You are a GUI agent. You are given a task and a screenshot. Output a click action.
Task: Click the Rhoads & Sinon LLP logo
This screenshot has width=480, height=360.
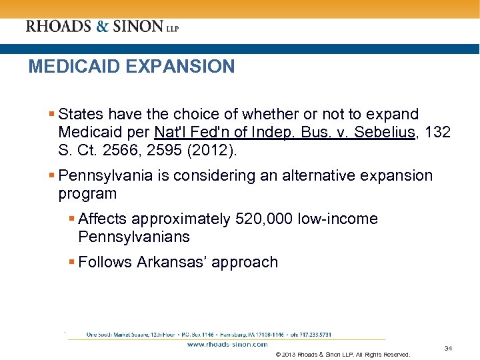click(102, 27)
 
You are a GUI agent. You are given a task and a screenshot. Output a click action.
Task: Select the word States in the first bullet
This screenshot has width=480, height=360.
click(81, 115)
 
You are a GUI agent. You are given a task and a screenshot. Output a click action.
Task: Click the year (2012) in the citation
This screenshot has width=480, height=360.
click(213, 151)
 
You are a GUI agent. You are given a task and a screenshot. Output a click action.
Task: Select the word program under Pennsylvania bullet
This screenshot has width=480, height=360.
click(87, 194)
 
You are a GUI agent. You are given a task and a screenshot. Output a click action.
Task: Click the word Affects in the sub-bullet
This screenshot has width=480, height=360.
click(103, 219)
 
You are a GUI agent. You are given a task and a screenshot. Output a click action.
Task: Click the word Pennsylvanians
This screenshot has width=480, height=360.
click(134, 237)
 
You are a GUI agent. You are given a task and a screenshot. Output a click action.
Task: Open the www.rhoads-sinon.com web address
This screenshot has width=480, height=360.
click(227, 345)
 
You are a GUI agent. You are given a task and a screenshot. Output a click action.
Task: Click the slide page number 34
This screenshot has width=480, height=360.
click(448, 348)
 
